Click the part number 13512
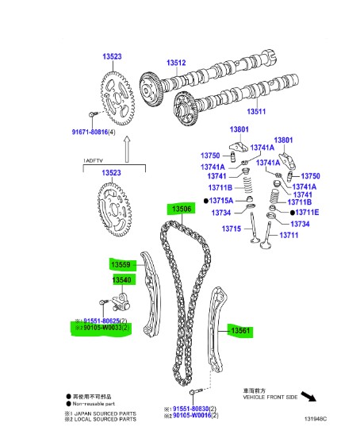(175, 63)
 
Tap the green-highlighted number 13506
(179, 209)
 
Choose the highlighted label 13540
(121, 280)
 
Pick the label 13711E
(306, 213)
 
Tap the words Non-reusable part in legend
(96, 402)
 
